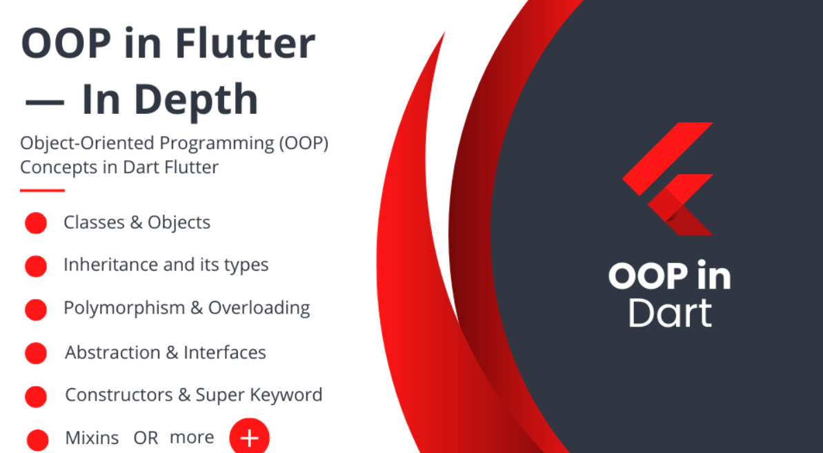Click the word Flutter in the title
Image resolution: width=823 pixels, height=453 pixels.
(245, 44)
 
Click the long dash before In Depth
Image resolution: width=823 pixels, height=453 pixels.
(45, 102)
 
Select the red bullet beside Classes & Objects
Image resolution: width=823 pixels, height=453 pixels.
(35, 223)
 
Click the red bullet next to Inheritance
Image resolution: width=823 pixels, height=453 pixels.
(35, 266)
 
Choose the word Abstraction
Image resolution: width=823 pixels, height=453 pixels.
(112, 352)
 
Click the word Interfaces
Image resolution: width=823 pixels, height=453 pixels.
(225, 352)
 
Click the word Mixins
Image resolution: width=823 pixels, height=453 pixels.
(92, 438)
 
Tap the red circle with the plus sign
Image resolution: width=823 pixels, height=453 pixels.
(249, 437)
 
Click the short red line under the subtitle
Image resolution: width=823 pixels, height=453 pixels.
(42, 190)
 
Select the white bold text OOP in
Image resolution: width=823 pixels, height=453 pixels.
(669, 276)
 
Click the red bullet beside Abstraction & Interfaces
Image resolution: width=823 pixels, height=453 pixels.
(35, 353)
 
